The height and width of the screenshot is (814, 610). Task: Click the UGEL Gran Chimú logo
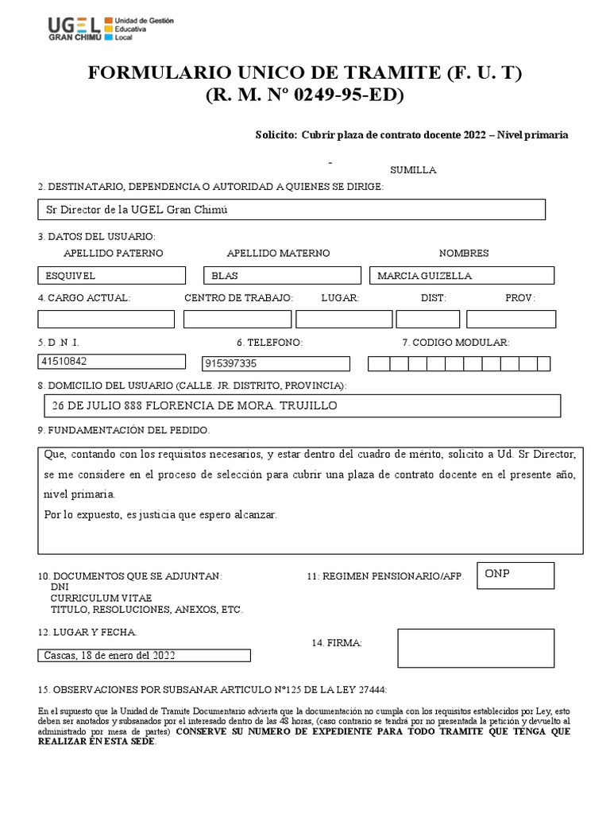[x=110, y=28]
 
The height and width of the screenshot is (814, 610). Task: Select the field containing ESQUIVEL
[x=111, y=276]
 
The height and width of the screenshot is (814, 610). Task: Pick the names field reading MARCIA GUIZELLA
[x=461, y=276]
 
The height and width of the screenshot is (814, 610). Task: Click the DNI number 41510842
[x=111, y=362]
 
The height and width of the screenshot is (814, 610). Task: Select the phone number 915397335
[x=276, y=363]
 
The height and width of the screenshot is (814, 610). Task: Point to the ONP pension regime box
[x=515, y=575]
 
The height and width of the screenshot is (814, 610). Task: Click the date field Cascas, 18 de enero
[x=144, y=656]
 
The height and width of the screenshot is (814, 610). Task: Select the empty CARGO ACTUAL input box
[x=106, y=320]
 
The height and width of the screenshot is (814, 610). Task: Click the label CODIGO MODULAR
[x=455, y=343]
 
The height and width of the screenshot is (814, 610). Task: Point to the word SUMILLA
[x=412, y=170]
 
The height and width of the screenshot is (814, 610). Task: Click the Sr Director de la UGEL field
[x=291, y=209]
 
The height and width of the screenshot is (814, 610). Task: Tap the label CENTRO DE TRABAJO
[x=238, y=297]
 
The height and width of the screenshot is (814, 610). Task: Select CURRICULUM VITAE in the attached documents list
[x=101, y=598]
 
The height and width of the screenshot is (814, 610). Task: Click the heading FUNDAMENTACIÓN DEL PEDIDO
[x=124, y=430]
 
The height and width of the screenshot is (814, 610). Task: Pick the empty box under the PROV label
[x=511, y=320]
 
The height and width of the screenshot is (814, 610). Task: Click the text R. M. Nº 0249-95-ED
[x=305, y=95]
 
